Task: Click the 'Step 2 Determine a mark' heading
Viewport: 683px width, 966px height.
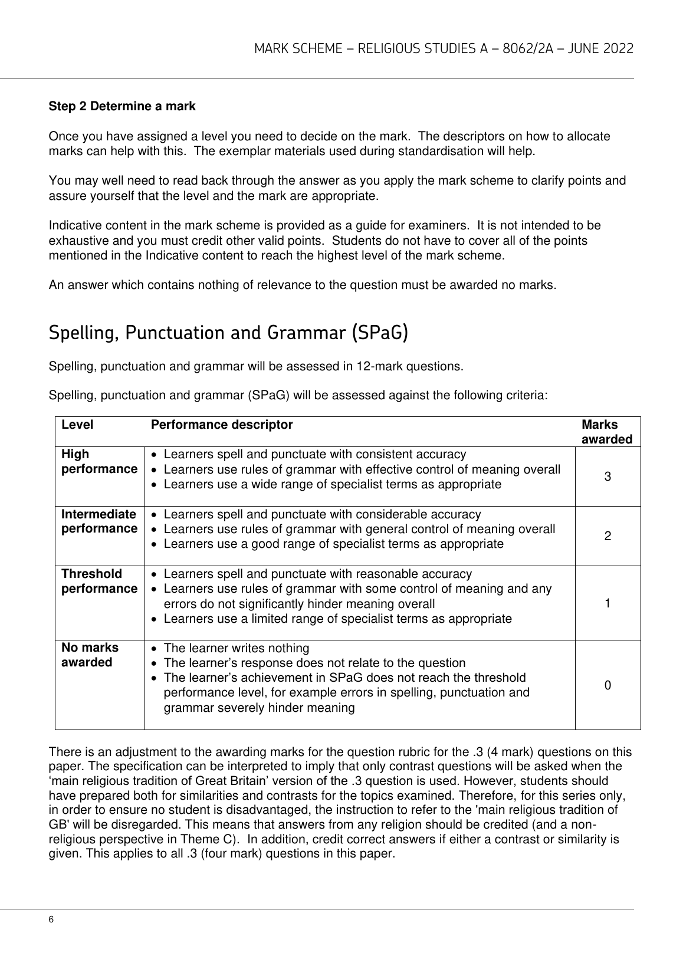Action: coord(122,107)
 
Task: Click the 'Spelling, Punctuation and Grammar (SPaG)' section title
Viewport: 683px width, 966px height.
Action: coord(228,333)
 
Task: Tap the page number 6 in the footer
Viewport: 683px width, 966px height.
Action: coord(52,920)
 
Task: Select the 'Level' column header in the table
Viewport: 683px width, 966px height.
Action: coord(77,425)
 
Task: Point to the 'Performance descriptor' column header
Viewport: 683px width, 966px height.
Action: coord(222,425)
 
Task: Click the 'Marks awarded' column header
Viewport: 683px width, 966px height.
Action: coord(607,432)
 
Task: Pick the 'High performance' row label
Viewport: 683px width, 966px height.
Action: coord(99,462)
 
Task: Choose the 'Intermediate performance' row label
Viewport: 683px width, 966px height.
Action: coord(99,521)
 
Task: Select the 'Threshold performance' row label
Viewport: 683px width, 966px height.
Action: coord(99,581)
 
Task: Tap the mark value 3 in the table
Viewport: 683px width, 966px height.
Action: coord(608,477)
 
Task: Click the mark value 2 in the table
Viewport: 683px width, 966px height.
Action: coord(608,536)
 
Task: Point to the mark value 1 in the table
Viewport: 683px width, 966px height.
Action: coord(608,603)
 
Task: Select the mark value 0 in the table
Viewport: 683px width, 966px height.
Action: coord(608,685)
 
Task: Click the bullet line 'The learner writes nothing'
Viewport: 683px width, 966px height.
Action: coord(236,648)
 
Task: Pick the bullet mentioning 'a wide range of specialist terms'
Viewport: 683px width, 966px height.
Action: coord(332,485)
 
